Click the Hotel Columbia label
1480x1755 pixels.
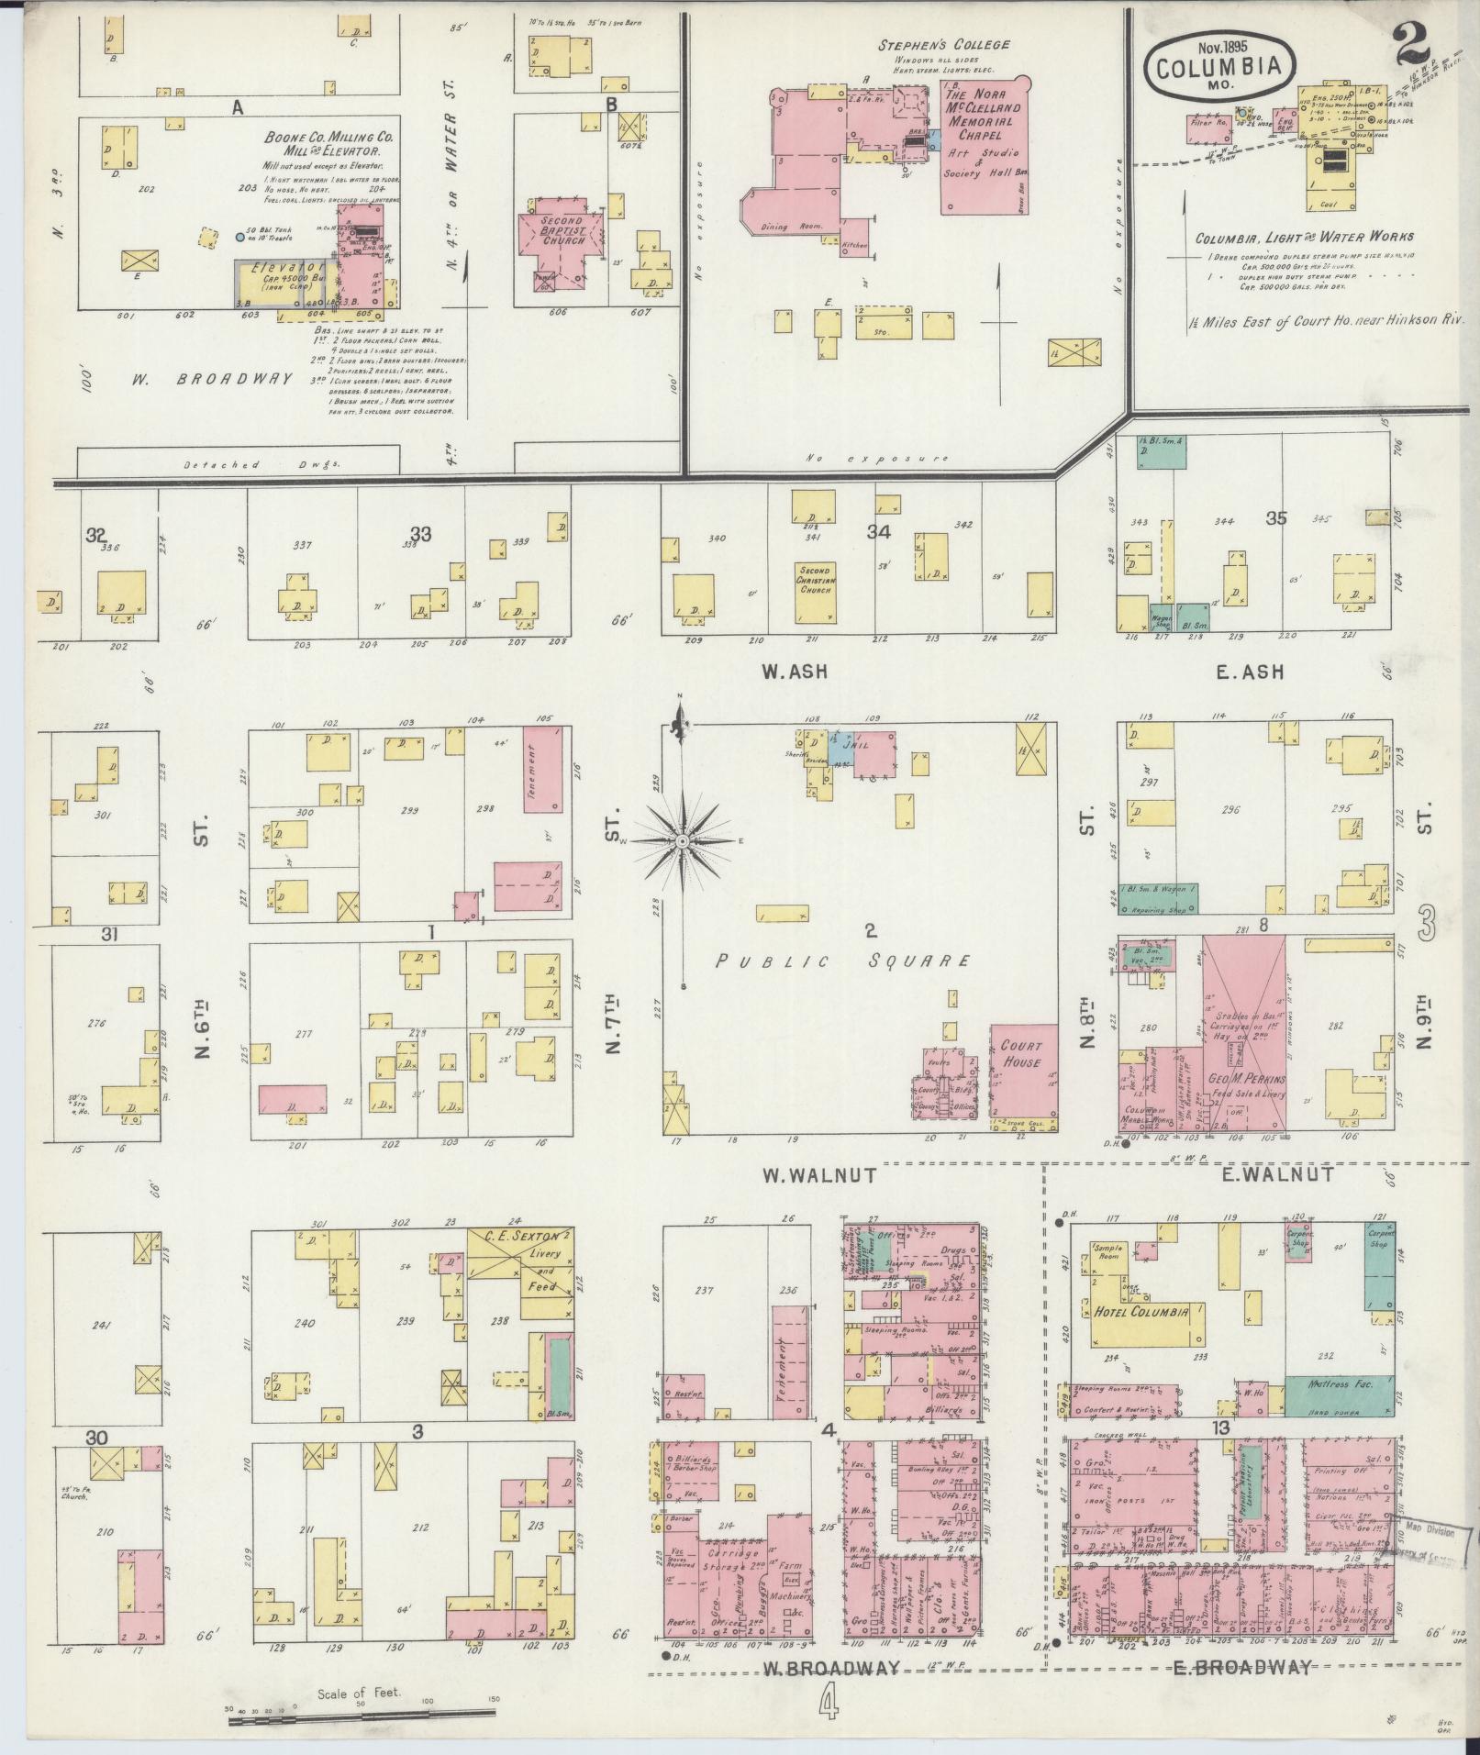(x=1141, y=1311)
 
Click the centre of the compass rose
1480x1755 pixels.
(x=682, y=840)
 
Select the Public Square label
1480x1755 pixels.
(x=841, y=961)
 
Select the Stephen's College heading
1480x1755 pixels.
(x=944, y=44)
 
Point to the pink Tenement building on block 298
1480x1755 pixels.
(x=542, y=769)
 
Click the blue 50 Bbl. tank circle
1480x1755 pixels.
(x=240, y=237)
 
